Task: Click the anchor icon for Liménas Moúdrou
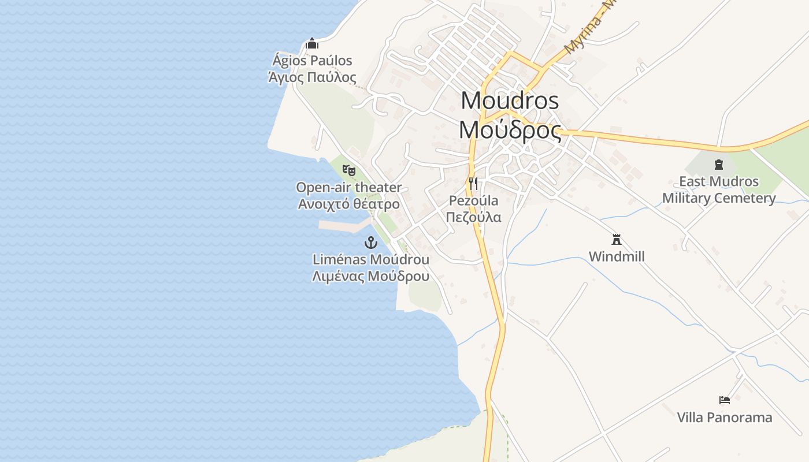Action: (x=370, y=243)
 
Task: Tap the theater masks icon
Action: (x=348, y=170)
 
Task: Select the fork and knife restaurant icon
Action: (x=473, y=184)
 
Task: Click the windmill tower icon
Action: (x=617, y=239)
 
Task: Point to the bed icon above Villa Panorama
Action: (x=725, y=400)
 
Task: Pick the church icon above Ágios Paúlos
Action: (x=312, y=43)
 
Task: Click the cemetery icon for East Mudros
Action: (x=719, y=165)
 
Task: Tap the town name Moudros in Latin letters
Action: (x=510, y=100)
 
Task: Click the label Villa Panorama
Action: (x=724, y=417)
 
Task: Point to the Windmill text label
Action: (x=617, y=256)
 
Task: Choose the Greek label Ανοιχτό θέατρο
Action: (x=348, y=204)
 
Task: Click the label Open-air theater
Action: (x=348, y=187)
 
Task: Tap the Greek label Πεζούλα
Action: (x=473, y=217)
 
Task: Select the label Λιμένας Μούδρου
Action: (x=370, y=276)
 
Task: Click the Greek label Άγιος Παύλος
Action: (x=312, y=77)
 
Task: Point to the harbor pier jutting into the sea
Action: (x=344, y=225)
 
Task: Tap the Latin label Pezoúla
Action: (x=473, y=201)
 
